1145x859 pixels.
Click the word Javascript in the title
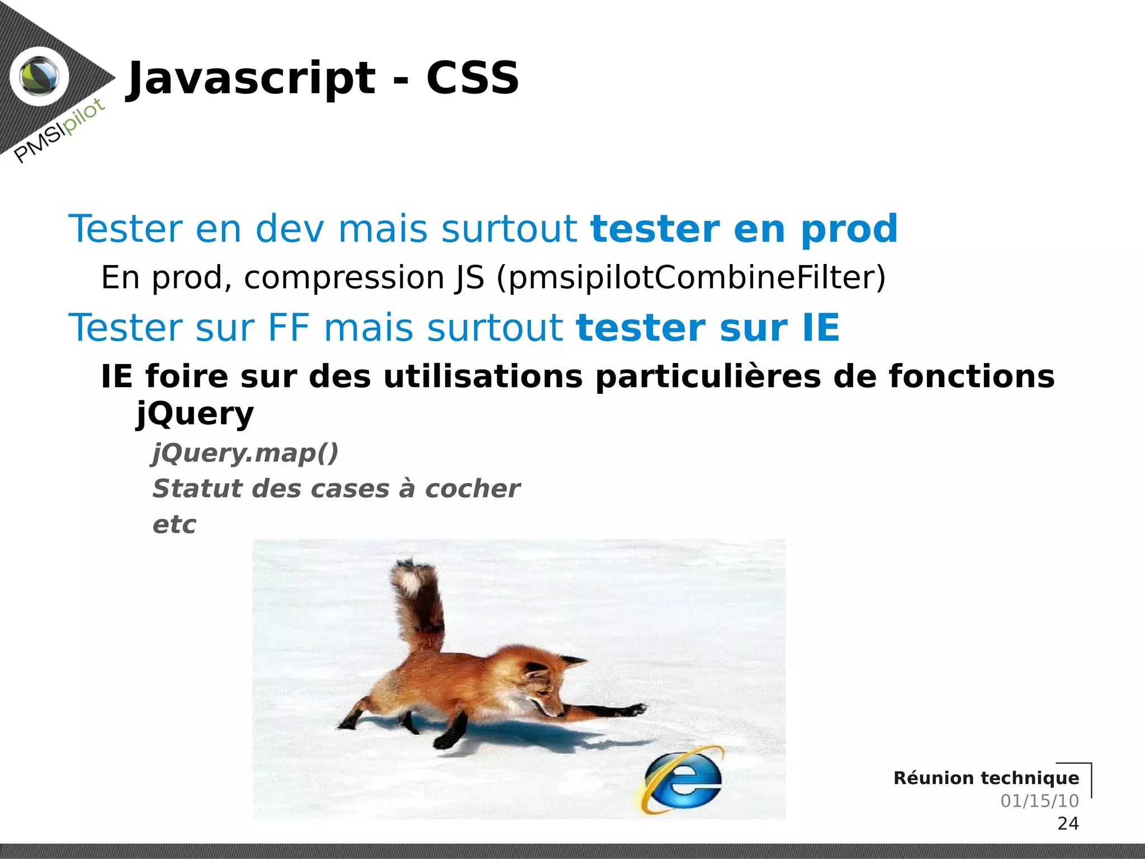pyautogui.click(x=252, y=78)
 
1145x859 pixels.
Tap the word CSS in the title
pyautogui.click(x=472, y=78)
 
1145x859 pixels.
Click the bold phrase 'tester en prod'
pyautogui.click(x=744, y=229)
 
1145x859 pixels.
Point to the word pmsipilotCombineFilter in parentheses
pyautogui.click(x=690, y=277)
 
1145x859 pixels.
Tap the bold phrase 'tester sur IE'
pyautogui.click(x=708, y=328)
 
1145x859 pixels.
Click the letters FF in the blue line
pyautogui.click(x=288, y=328)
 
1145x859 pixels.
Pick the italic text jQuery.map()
pyautogui.click(x=245, y=452)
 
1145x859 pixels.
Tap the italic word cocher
pyautogui.click(x=472, y=489)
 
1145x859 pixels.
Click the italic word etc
pyautogui.click(x=174, y=525)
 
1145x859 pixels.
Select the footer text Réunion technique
pyautogui.click(x=986, y=778)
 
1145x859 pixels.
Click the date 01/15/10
pyautogui.click(x=1039, y=801)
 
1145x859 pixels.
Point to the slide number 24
pyautogui.click(x=1068, y=823)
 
